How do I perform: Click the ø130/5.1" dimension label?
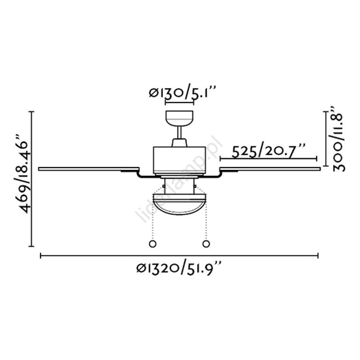pyautogui.click(x=182, y=92)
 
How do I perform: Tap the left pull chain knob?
pyautogui.click(x=153, y=244)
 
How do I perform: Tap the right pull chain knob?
pyautogui.click(x=206, y=244)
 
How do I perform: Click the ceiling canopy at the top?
pyautogui.click(x=180, y=118)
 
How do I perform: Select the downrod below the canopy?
pyautogui.click(x=180, y=133)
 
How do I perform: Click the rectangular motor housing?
pyautogui.click(x=180, y=160)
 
